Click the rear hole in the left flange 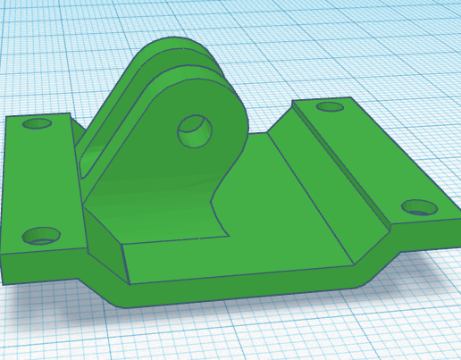pos(38,123)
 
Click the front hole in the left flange pos(41,236)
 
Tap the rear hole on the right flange pos(330,107)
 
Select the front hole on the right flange pos(418,207)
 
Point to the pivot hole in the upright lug pos(195,131)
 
